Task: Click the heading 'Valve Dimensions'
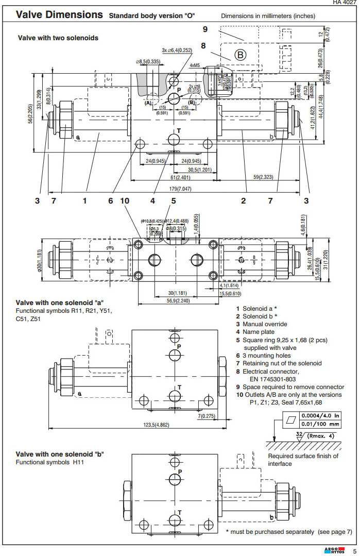point(59,14)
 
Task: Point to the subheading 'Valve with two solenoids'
point(58,38)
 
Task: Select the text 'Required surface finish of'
point(303,456)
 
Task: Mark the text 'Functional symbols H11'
point(50,462)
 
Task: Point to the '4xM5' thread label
point(195,65)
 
